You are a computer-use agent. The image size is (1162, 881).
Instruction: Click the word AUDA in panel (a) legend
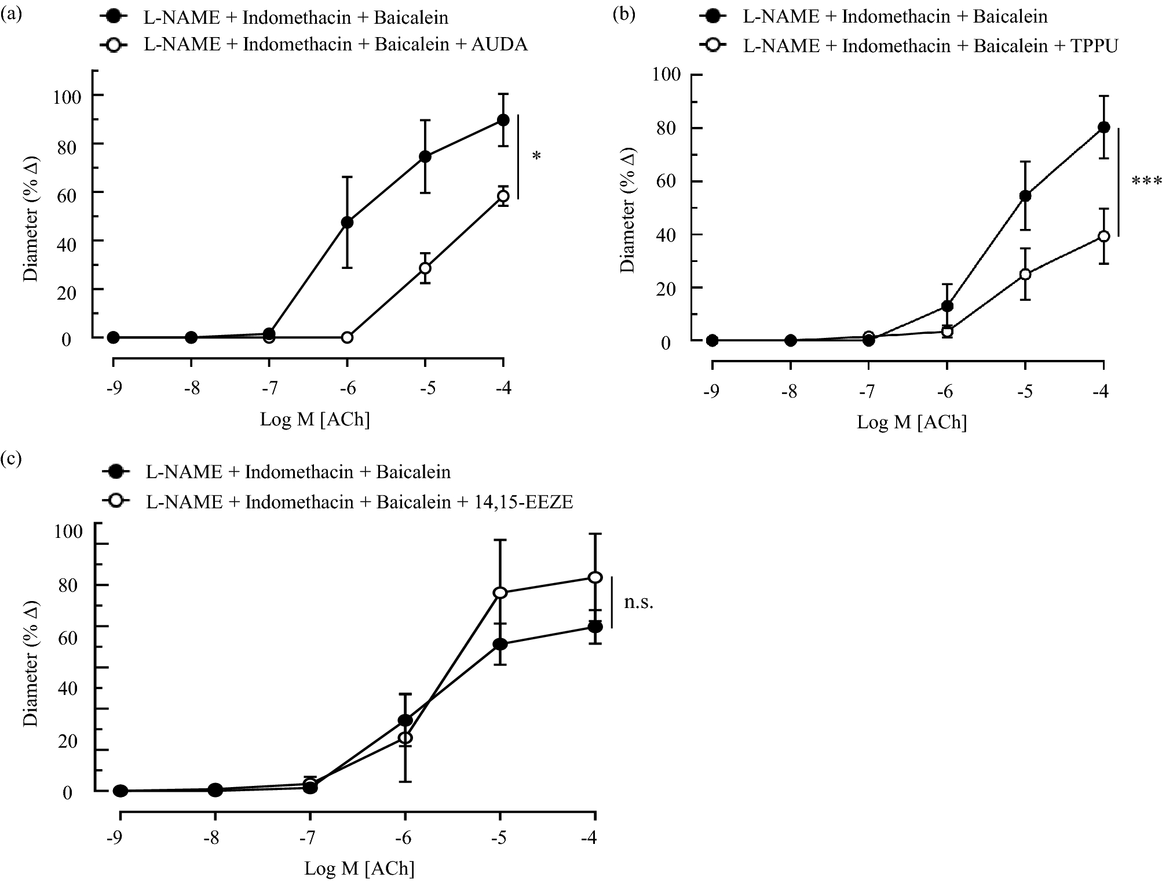point(500,45)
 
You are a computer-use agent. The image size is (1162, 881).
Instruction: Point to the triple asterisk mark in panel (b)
point(1146,182)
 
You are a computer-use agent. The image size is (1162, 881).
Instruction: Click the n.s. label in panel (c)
point(638,603)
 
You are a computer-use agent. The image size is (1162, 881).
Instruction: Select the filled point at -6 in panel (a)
point(347,222)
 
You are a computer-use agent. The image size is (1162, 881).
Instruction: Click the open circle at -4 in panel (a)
point(503,196)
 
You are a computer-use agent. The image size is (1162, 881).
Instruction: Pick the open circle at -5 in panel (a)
point(425,268)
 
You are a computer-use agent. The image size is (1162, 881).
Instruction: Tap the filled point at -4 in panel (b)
point(1103,127)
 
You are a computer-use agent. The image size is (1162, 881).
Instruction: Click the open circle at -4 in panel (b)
point(1103,236)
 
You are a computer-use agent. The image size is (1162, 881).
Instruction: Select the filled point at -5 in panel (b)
point(1025,196)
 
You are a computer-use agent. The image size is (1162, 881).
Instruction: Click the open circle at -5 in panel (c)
point(500,592)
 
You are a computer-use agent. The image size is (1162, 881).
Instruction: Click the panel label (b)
point(624,15)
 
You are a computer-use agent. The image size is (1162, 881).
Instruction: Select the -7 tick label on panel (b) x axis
point(867,392)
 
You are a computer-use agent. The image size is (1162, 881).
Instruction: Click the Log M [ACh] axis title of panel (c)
point(359,868)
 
